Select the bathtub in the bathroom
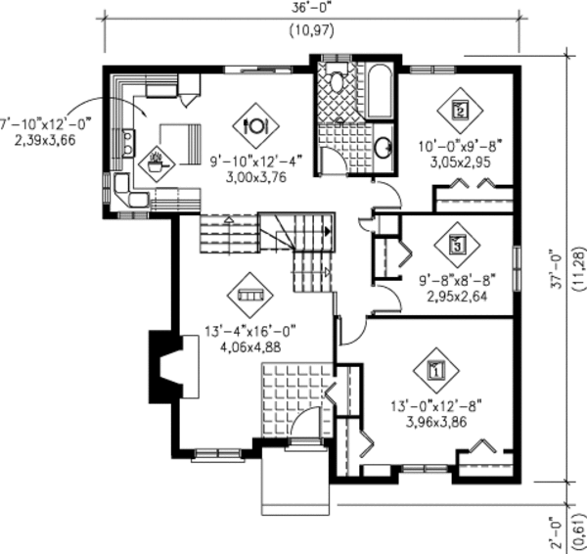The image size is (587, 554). click(380, 92)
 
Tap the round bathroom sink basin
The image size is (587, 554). click(383, 148)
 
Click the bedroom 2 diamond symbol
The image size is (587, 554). click(460, 111)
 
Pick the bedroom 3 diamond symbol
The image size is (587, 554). click(457, 245)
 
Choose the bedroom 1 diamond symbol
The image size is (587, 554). click(436, 370)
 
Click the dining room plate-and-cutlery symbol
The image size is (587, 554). click(255, 126)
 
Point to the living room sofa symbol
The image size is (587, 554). click(250, 296)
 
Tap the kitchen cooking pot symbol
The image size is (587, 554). click(157, 163)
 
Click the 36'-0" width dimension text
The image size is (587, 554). click(312, 9)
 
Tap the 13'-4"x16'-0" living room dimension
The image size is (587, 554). click(250, 332)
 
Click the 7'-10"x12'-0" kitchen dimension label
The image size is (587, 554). click(45, 123)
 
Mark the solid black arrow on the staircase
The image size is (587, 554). click(328, 232)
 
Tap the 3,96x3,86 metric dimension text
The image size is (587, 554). click(436, 422)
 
